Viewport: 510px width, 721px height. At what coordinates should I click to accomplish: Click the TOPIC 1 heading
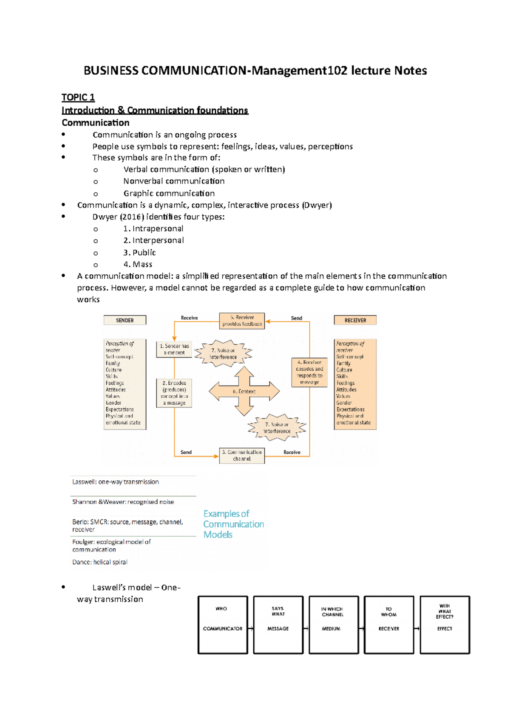(x=78, y=97)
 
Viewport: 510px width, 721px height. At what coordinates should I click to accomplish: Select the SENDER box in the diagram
(x=125, y=320)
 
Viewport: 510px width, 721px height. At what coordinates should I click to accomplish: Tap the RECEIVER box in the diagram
(x=355, y=320)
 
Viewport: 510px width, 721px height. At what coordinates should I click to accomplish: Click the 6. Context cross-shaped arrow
(x=244, y=391)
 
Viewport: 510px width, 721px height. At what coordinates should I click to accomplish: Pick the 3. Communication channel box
(x=242, y=455)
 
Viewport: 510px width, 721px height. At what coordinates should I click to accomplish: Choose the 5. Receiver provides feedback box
(x=242, y=321)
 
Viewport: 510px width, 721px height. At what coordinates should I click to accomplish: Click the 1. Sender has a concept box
(x=174, y=349)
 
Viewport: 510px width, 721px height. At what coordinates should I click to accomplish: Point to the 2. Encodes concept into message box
(x=174, y=393)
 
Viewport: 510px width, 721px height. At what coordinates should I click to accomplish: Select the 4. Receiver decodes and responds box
(x=309, y=372)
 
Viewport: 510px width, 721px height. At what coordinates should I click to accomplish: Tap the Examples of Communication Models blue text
(x=233, y=524)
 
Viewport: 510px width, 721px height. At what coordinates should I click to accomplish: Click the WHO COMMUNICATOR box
(x=223, y=625)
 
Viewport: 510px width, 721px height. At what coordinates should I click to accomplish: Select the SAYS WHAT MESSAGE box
(x=278, y=625)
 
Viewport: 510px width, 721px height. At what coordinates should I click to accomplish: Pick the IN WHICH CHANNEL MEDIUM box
(x=334, y=625)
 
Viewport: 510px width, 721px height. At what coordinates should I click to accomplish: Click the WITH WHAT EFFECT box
(x=445, y=625)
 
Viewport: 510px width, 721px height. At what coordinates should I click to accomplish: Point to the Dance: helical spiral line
(x=99, y=562)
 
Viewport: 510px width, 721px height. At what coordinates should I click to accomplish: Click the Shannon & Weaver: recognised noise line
(x=123, y=502)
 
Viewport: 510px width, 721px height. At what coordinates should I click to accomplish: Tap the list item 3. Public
(x=139, y=252)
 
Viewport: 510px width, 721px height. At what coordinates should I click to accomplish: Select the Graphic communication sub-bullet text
(x=169, y=193)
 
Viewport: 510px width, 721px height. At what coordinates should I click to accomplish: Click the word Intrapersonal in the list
(x=158, y=228)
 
